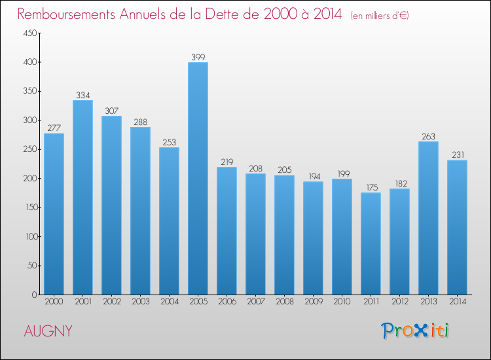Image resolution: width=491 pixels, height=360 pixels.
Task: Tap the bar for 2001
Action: (x=82, y=197)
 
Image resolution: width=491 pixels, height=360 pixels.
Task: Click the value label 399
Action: (x=198, y=58)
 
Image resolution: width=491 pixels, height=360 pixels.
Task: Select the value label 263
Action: (x=428, y=137)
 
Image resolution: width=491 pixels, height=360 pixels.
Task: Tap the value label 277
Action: (x=54, y=128)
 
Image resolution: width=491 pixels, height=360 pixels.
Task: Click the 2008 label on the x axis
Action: (x=284, y=302)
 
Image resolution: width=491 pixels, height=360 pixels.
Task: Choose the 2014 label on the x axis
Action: (x=457, y=302)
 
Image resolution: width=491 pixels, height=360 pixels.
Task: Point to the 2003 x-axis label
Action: (x=140, y=302)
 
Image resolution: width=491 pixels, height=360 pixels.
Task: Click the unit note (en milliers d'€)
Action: (x=380, y=15)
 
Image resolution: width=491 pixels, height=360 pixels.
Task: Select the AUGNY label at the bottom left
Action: (x=48, y=331)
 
